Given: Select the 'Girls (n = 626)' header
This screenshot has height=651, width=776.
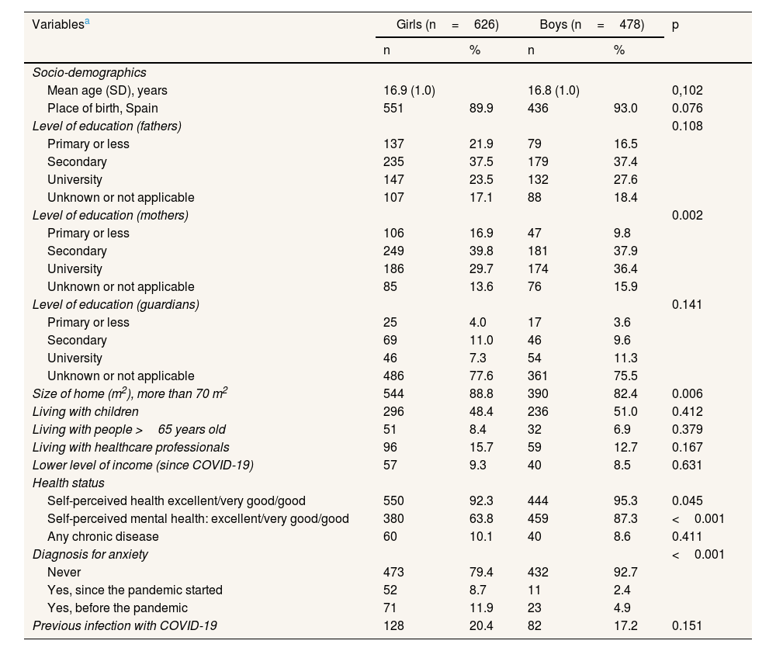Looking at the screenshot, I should [x=447, y=24].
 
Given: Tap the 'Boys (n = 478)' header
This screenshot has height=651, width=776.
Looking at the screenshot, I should [x=591, y=24].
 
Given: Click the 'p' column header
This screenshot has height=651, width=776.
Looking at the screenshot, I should [x=675, y=24].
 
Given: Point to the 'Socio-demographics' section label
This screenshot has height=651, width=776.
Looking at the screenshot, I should [x=89, y=72].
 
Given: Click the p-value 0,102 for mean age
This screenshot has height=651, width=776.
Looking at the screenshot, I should [x=688, y=90].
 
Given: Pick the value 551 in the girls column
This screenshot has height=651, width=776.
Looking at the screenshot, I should [x=394, y=108].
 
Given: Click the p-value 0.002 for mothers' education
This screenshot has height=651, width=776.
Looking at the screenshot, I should [x=688, y=215].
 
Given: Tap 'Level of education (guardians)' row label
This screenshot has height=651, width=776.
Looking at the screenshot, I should [x=116, y=304].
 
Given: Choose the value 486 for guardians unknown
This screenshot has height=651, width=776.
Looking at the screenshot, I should [x=394, y=376].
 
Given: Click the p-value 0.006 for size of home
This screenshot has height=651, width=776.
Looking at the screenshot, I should [x=688, y=393].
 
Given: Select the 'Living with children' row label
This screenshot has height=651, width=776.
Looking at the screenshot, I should [x=85, y=411].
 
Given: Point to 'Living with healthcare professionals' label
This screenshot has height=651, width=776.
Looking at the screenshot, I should [x=130, y=447].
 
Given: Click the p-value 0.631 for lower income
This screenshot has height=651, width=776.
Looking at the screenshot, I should [x=688, y=465].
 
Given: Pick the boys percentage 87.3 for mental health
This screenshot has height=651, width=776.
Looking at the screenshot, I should [x=625, y=518].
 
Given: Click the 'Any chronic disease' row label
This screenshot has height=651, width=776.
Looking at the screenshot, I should [x=103, y=536].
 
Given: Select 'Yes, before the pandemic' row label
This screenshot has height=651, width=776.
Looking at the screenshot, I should [x=117, y=608].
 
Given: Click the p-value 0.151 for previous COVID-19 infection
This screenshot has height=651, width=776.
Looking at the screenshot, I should [x=688, y=625].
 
